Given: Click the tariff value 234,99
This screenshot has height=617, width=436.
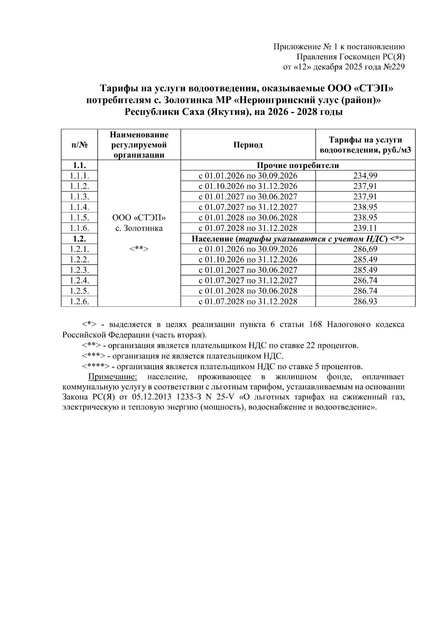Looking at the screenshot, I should click(365, 176).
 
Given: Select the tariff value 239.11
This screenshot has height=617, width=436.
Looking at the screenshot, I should click(365, 228).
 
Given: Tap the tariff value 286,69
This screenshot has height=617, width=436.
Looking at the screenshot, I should click(365, 249).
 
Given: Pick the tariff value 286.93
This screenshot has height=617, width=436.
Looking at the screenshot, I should click(365, 301).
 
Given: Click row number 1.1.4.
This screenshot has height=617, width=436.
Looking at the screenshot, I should click(80, 207).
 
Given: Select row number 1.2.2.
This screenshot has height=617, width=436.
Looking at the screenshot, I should click(80, 260).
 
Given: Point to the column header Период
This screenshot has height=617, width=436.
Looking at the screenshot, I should click(248, 145).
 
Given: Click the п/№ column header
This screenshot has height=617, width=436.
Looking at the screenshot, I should click(80, 145).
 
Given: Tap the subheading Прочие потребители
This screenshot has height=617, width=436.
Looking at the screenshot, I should click(298, 165).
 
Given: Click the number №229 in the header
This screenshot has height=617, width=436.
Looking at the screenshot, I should click(394, 67).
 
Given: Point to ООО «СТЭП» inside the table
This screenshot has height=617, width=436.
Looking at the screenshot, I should click(139, 218).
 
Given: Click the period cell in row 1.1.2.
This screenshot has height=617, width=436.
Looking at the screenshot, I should click(248, 186).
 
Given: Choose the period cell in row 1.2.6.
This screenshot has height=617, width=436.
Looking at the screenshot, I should click(248, 301).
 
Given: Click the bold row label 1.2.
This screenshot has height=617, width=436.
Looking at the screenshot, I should click(80, 239).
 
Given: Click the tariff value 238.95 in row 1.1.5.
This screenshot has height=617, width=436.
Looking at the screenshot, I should click(365, 218).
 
